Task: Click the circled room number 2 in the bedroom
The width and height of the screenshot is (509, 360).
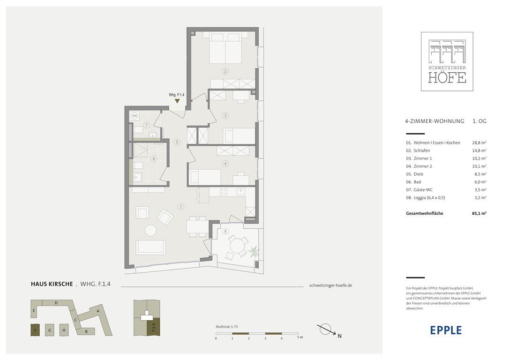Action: click(225, 71)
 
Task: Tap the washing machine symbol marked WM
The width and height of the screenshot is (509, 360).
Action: click(135, 116)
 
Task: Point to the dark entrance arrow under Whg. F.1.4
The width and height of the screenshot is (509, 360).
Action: click(177, 101)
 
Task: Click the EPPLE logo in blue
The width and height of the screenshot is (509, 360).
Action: click(446, 330)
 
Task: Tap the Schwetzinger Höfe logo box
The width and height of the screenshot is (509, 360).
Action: click(447, 61)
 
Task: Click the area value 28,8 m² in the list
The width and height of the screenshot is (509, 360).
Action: click(479, 143)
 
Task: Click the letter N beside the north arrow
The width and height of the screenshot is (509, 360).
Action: click(339, 336)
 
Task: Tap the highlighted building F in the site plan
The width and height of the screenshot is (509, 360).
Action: click(35, 330)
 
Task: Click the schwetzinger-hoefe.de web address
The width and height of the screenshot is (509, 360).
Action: click(331, 285)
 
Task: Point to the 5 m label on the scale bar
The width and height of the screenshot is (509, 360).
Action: click(300, 337)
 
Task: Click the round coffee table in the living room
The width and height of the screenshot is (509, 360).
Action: click(150, 231)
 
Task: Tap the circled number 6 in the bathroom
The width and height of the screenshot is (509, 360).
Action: click(154, 159)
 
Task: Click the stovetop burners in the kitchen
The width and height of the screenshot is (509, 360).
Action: click(224, 192)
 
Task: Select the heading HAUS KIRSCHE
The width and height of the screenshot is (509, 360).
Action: click(52, 284)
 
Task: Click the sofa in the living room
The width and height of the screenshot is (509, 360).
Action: click(150, 247)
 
